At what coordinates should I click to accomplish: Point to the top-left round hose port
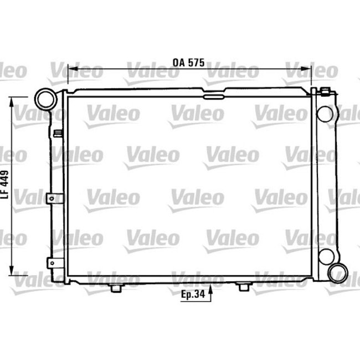click(x=44, y=99)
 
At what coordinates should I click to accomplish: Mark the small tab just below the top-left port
click(x=57, y=133)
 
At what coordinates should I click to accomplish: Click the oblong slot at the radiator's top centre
click(x=212, y=96)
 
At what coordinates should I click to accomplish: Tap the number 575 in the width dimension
click(x=196, y=63)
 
